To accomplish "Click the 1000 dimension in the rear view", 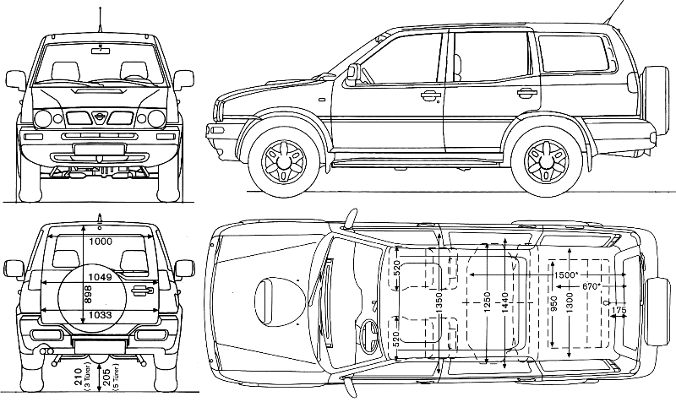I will pos(100,242).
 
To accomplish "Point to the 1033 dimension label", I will pos(99,315).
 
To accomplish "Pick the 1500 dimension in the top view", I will pos(564,276).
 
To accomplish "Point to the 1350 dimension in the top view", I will pos(439,301).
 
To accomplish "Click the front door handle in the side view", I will pos(431,95).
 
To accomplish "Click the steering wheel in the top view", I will pos(369,332).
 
